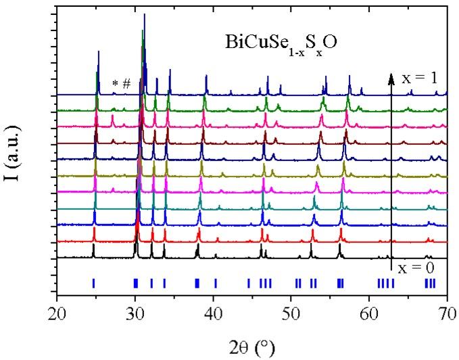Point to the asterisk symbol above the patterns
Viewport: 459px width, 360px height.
tap(116, 84)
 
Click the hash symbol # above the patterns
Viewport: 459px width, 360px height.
tap(126, 83)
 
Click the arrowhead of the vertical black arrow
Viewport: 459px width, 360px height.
tap(391, 77)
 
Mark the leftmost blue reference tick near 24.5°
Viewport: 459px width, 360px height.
tap(93, 283)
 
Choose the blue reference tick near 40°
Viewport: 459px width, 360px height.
tap(215, 283)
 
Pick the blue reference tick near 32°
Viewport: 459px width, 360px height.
tap(151, 283)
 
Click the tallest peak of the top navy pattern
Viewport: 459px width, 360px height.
tap(144, 16)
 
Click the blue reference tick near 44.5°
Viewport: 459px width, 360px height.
tap(248, 283)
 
